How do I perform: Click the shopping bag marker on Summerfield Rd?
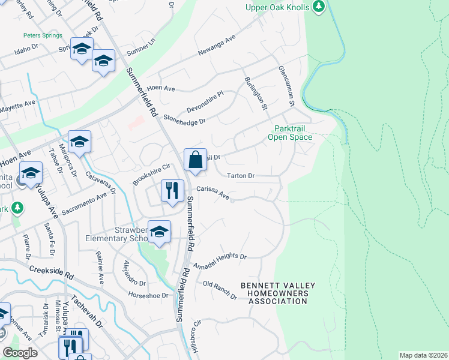[195, 160]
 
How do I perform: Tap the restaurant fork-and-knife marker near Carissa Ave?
[173, 191]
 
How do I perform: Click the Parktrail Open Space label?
[293, 133]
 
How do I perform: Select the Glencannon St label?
[285, 87]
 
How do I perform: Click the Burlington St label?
[255, 93]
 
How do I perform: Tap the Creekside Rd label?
[50, 274]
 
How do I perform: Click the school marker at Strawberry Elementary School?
[159, 232]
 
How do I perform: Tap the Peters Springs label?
[43, 35]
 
